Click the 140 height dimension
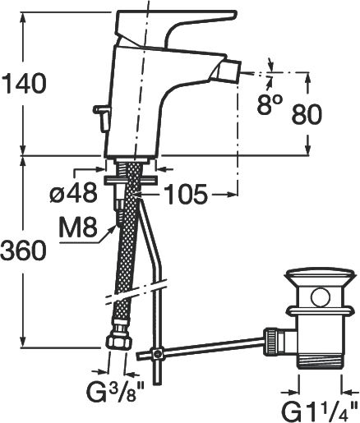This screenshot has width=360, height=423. (x=22, y=83)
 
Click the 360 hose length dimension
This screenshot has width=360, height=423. (x=22, y=251)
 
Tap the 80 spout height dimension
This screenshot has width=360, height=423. (x=306, y=114)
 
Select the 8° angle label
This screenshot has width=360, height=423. (x=270, y=104)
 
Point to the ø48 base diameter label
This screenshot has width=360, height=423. (x=73, y=192)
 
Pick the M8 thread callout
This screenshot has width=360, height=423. (x=78, y=228)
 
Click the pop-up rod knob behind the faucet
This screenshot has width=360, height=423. (x=102, y=117)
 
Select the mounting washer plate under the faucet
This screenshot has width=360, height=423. (x=131, y=181)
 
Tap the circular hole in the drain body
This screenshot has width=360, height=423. (x=320, y=297)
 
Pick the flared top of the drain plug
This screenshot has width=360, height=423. (x=319, y=278)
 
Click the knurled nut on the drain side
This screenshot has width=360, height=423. (x=270, y=342)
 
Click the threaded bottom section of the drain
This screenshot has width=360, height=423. (x=320, y=361)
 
